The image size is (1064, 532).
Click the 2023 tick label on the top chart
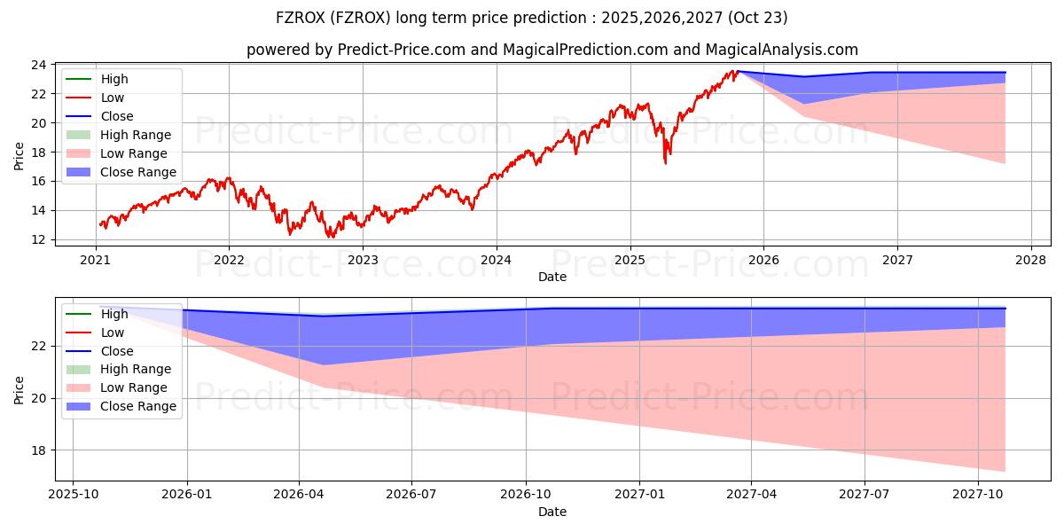[363, 260]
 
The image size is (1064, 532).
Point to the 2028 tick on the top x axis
[1030, 260]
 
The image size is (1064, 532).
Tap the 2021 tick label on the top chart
[95, 260]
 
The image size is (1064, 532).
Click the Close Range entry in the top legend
[137, 172]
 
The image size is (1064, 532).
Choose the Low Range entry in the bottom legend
[134, 387]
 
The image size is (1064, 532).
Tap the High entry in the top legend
[114, 79]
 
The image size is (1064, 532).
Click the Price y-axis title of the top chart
[20, 156]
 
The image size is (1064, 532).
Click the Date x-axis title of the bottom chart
[552, 512]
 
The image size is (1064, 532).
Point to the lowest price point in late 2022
[331, 237]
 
